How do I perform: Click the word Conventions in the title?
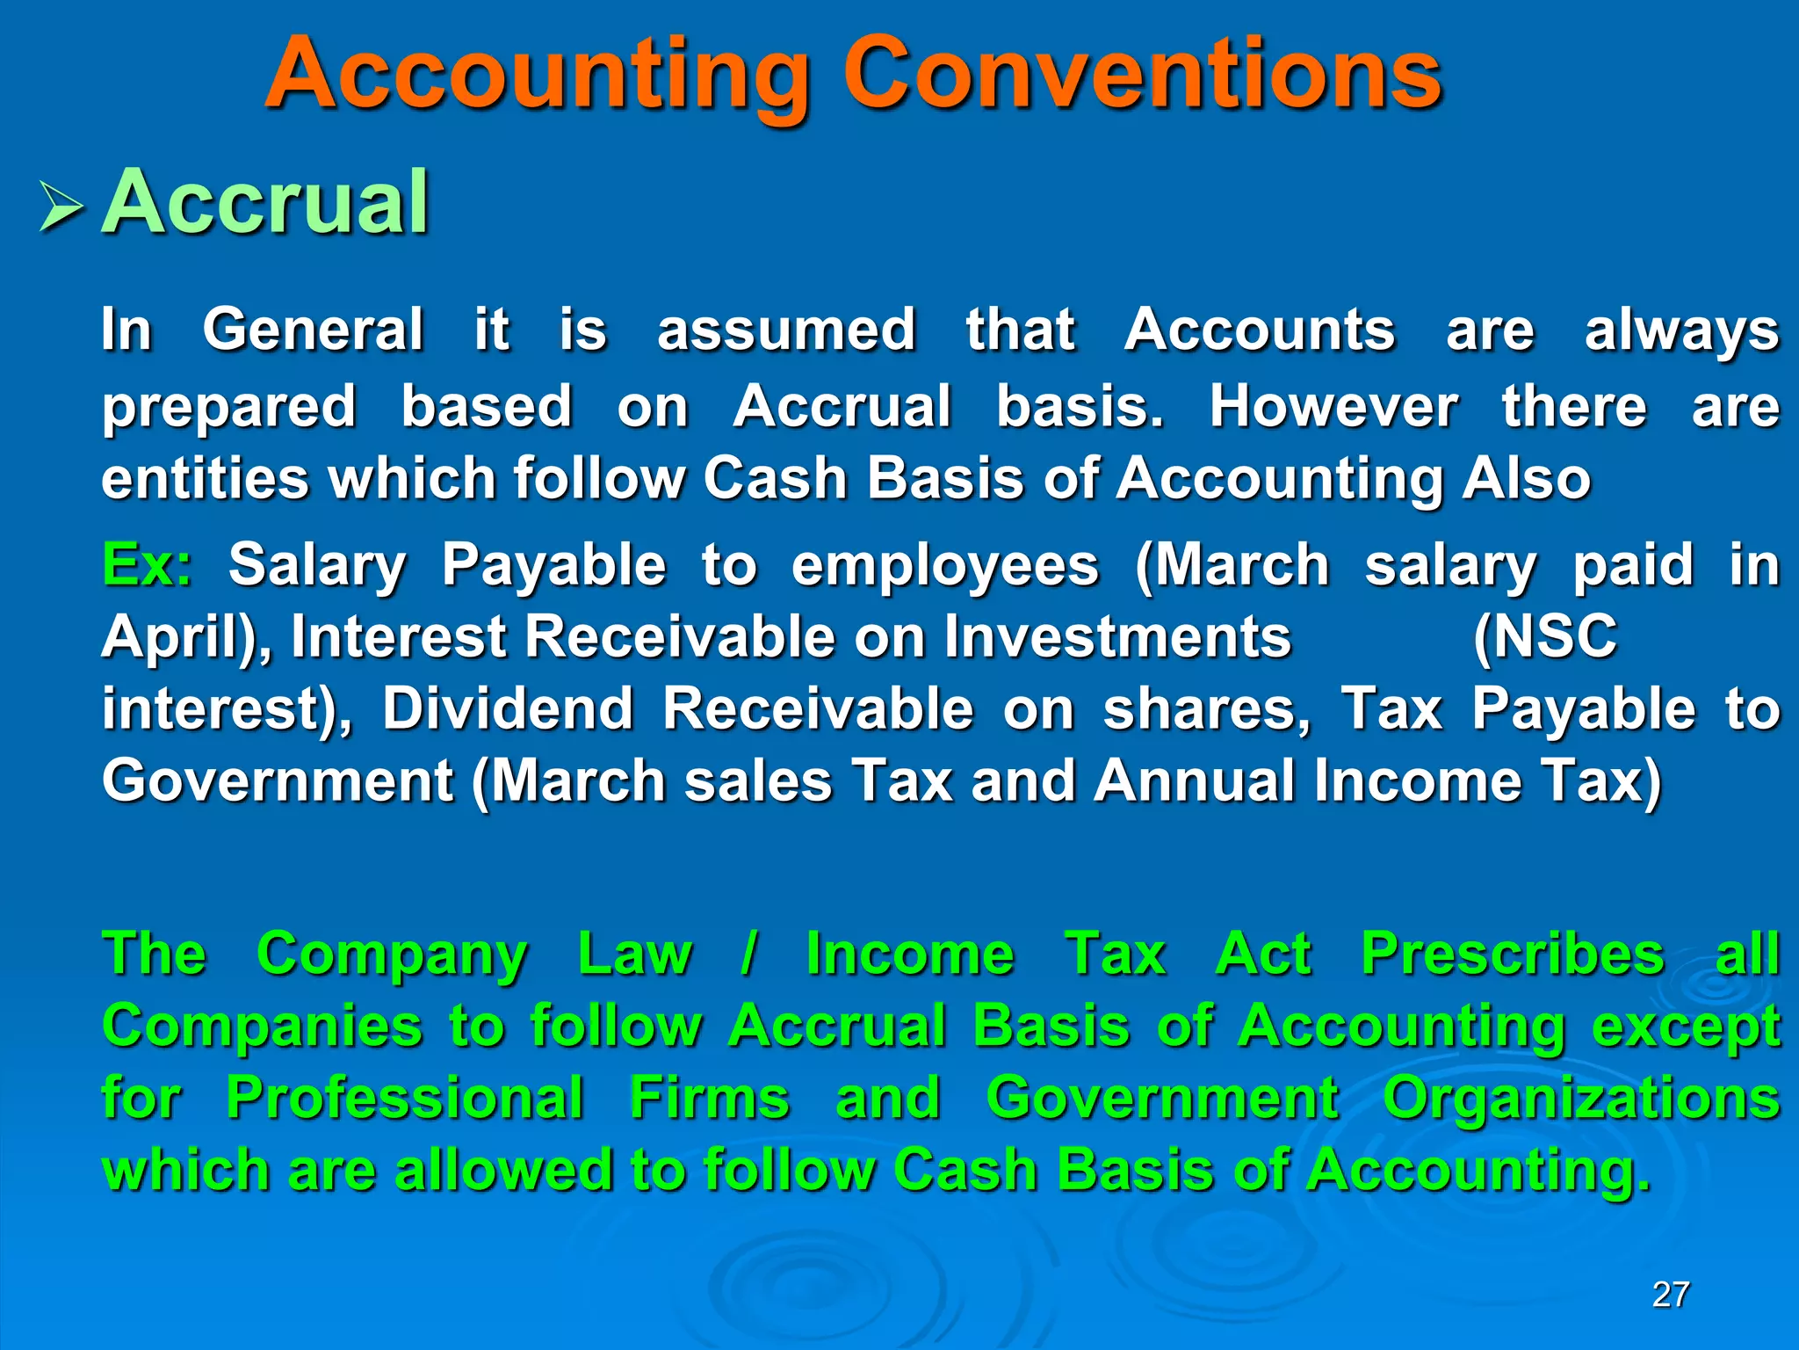[x=1142, y=75]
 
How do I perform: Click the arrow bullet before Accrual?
[x=61, y=209]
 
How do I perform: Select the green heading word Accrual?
[x=265, y=204]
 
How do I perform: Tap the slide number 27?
[x=1670, y=1295]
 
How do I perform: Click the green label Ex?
[x=147, y=564]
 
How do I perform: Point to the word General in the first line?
[x=314, y=330]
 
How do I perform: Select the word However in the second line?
[x=1333, y=406]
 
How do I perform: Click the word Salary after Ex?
[x=317, y=564]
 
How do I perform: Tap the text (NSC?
[x=1545, y=636]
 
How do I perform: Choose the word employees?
[x=945, y=564]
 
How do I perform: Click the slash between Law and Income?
[x=748, y=954]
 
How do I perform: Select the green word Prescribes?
[x=1513, y=954]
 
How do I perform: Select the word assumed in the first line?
[x=787, y=330]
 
